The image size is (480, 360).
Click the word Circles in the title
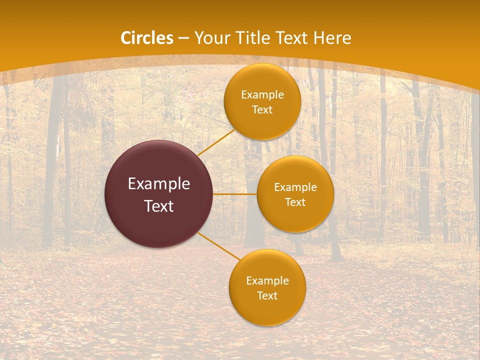[147, 38]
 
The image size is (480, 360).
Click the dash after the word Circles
[183, 38]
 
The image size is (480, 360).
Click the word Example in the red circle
[159, 184]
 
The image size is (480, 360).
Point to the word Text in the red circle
[159, 206]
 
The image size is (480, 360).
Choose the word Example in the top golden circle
[262, 95]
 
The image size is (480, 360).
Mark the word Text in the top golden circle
[262, 110]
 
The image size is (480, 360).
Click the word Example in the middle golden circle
[295, 187]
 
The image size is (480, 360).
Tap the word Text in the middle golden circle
[295, 202]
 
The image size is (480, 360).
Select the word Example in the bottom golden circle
[267, 281]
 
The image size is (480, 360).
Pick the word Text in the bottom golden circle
[267, 296]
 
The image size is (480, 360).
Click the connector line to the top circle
[215, 143]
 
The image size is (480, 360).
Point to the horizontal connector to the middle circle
[234, 194]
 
